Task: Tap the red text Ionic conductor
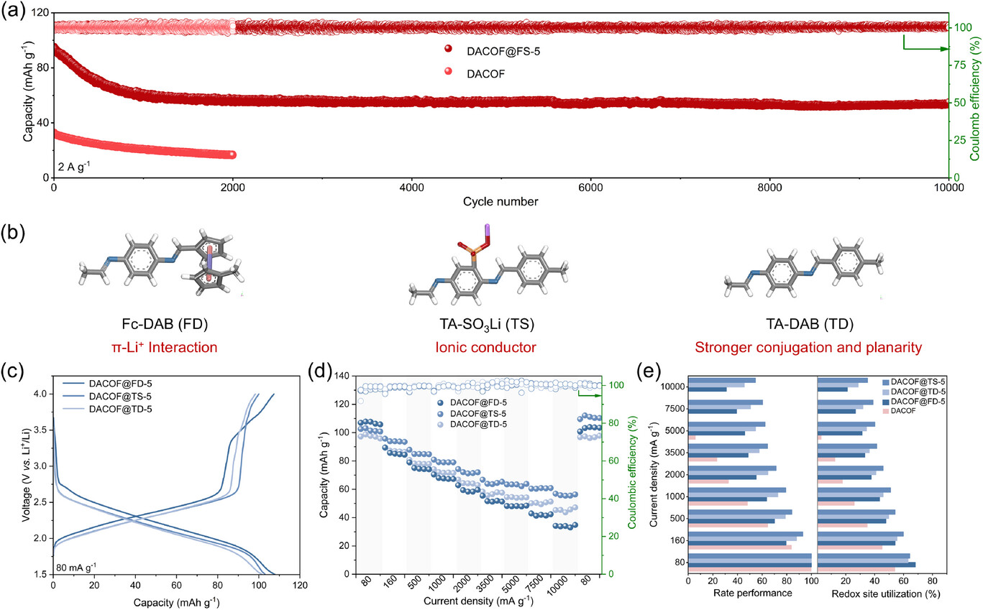(490, 348)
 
